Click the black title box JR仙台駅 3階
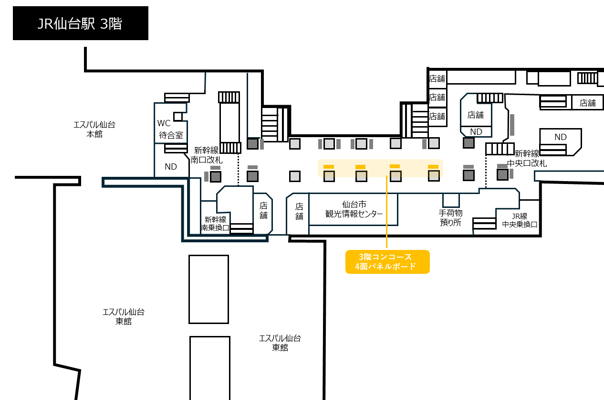click(x=81, y=23)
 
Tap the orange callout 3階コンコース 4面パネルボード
click(x=387, y=262)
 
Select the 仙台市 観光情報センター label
click(x=354, y=209)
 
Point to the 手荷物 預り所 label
click(x=450, y=218)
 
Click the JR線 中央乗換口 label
click(x=520, y=220)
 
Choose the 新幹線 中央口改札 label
click(x=527, y=159)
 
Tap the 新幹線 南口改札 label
click(x=207, y=155)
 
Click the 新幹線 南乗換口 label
click(x=215, y=223)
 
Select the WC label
click(x=164, y=123)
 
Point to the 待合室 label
click(x=171, y=135)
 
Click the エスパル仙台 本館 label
click(x=94, y=130)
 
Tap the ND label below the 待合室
click(x=171, y=167)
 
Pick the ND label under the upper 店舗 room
click(x=476, y=131)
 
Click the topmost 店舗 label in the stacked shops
click(x=437, y=78)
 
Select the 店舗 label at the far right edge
click(x=588, y=103)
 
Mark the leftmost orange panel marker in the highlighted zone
click(x=329, y=167)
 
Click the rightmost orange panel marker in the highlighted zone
click(x=433, y=167)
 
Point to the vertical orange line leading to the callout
click(x=386, y=212)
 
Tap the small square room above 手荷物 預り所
click(x=451, y=200)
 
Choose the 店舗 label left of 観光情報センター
click(x=299, y=212)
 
